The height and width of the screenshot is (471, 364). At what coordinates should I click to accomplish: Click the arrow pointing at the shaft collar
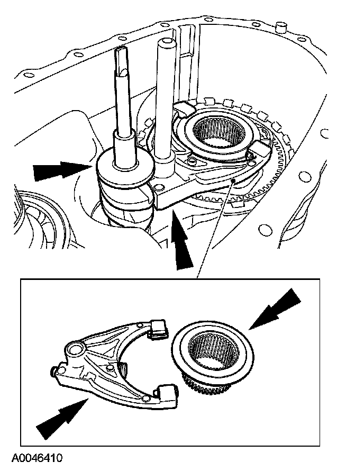58,170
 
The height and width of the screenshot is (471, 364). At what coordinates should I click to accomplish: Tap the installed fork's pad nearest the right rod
183,110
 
